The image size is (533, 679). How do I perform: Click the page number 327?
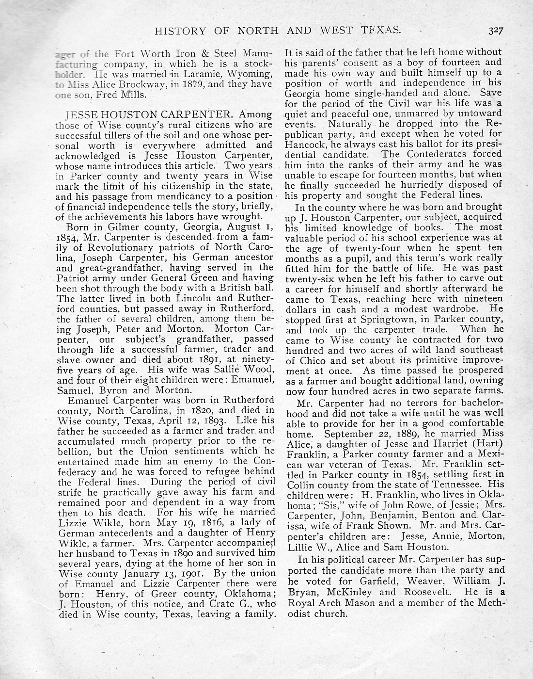pos(496,32)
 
